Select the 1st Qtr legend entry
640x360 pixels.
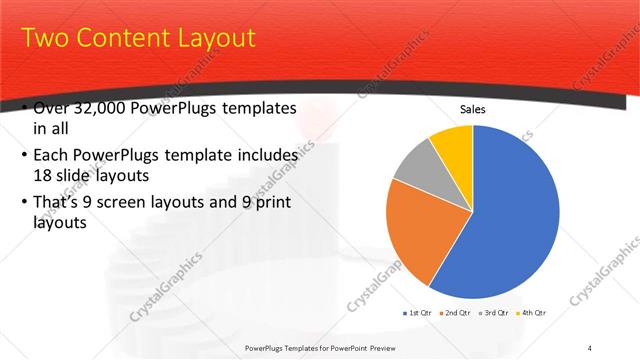419,313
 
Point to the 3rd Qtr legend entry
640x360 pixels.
497,313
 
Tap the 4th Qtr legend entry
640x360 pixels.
534,313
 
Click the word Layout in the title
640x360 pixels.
211,39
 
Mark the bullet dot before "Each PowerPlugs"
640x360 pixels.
24,157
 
